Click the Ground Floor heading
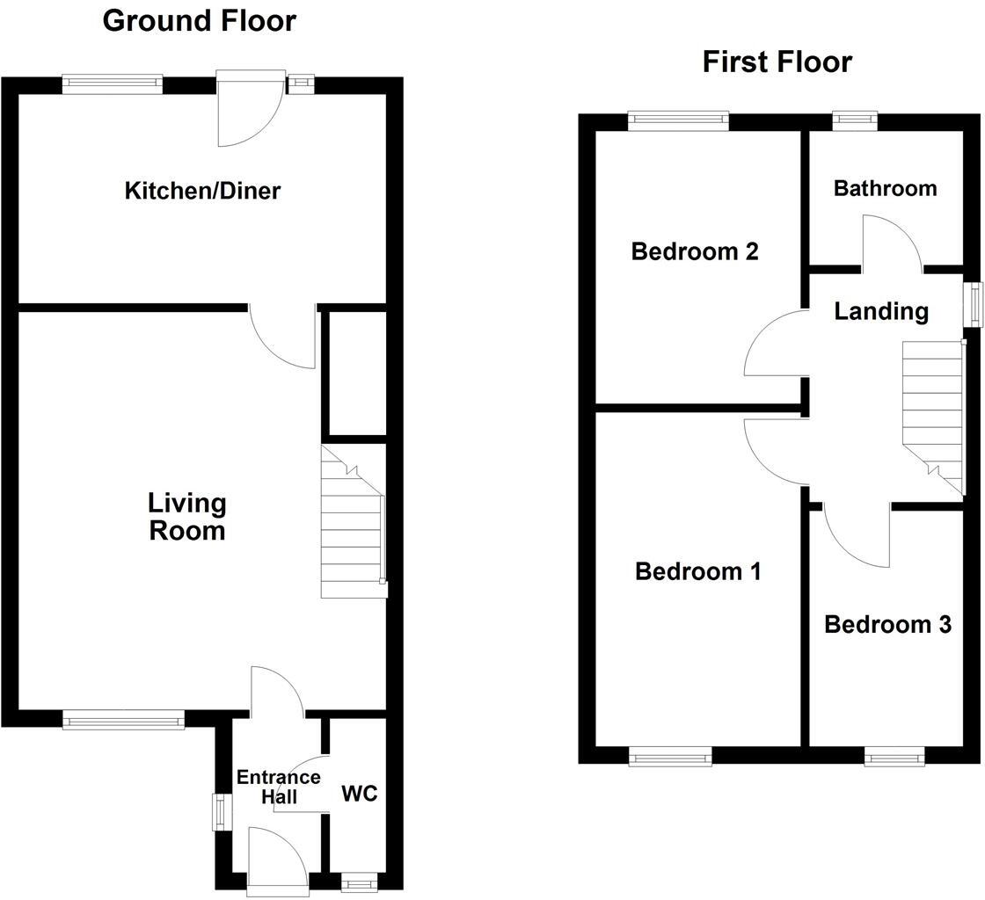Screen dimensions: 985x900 [x=200, y=20]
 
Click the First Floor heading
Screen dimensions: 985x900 [x=777, y=62]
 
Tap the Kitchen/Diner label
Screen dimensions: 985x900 [x=202, y=190]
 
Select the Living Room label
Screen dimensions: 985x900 [x=187, y=517]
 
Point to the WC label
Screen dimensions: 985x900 [x=359, y=794]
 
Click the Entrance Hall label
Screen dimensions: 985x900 [x=278, y=787]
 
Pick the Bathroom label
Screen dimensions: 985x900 [x=885, y=188]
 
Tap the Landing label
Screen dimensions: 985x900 [x=880, y=311]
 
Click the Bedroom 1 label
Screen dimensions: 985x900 [x=697, y=572]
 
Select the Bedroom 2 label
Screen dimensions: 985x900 [x=695, y=252]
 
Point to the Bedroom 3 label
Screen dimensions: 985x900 [x=887, y=625]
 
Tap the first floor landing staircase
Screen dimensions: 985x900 [x=933, y=413]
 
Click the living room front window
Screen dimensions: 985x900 [x=123, y=721]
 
